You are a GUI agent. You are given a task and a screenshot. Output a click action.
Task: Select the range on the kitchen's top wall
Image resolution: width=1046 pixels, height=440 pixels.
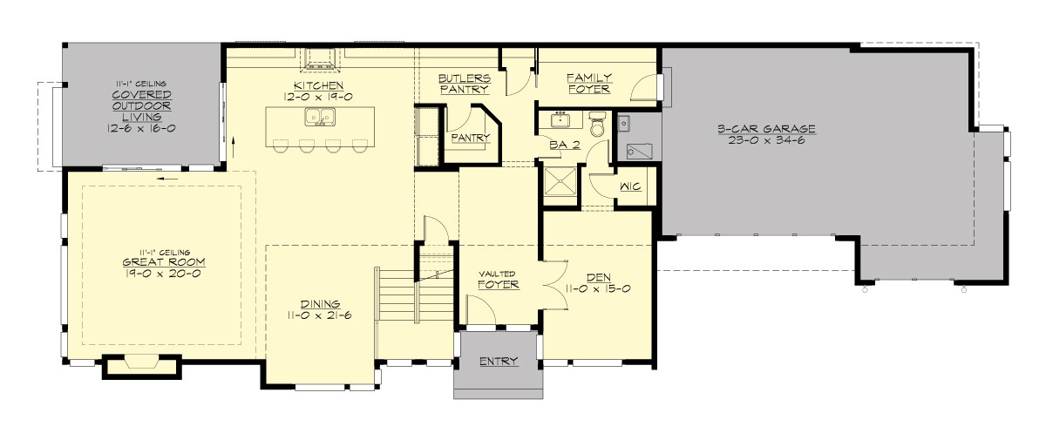click(321, 60)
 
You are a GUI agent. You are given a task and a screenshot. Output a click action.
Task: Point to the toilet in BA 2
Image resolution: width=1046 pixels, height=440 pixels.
click(597, 124)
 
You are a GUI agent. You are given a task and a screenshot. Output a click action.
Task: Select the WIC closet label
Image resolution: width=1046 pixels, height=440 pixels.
click(630, 187)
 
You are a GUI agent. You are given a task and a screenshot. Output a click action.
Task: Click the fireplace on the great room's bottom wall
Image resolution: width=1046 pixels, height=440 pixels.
click(142, 366)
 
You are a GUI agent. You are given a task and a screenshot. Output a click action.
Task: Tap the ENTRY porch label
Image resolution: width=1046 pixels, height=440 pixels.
click(498, 362)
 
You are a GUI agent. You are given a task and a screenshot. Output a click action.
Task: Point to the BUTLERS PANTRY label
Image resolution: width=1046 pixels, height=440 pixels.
click(464, 83)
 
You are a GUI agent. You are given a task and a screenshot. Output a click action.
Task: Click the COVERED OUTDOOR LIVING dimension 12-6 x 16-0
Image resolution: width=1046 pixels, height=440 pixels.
click(140, 127)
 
